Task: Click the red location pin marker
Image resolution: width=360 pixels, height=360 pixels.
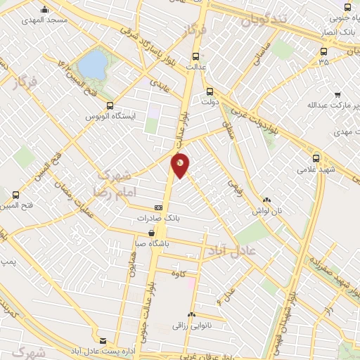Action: click(181, 165)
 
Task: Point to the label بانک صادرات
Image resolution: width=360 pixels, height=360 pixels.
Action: click(158, 219)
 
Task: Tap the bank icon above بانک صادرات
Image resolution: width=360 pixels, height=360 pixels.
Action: click(158, 208)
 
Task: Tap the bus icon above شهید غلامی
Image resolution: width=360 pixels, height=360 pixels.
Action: click(316, 158)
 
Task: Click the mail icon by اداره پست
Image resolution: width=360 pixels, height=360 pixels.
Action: click(104, 340)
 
